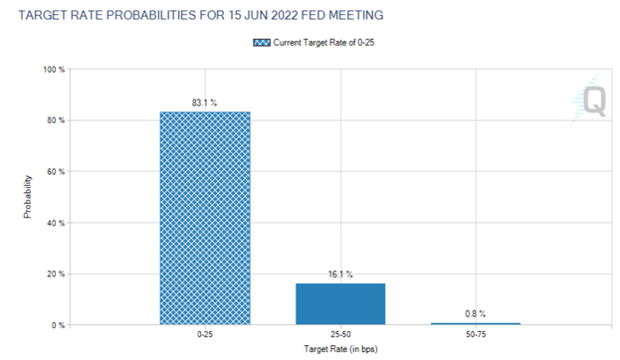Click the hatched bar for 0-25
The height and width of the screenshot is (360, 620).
click(x=205, y=219)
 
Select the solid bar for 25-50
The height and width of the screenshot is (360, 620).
click(x=339, y=304)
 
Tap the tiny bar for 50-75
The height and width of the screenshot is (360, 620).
click(x=475, y=323)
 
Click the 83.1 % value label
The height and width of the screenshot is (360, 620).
click(x=205, y=101)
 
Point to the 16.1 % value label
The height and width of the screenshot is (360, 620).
click(x=339, y=273)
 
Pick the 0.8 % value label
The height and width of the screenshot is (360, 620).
click(x=475, y=313)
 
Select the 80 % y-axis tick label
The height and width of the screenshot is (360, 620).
click(x=54, y=121)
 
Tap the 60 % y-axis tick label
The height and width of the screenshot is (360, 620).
click(x=54, y=172)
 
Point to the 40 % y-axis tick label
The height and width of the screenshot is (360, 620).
click(x=54, y=223)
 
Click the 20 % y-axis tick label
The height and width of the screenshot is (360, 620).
click(x=54, y=274)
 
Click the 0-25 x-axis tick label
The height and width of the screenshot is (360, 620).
click(x=205, y=337)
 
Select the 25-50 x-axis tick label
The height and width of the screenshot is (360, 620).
click(x=339, y=337)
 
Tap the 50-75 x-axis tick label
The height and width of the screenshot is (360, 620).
click(x=475, y=337)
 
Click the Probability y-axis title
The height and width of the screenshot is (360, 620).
click(x=28, y=198)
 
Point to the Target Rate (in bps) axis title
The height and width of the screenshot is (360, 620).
click(x=339, y=351)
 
